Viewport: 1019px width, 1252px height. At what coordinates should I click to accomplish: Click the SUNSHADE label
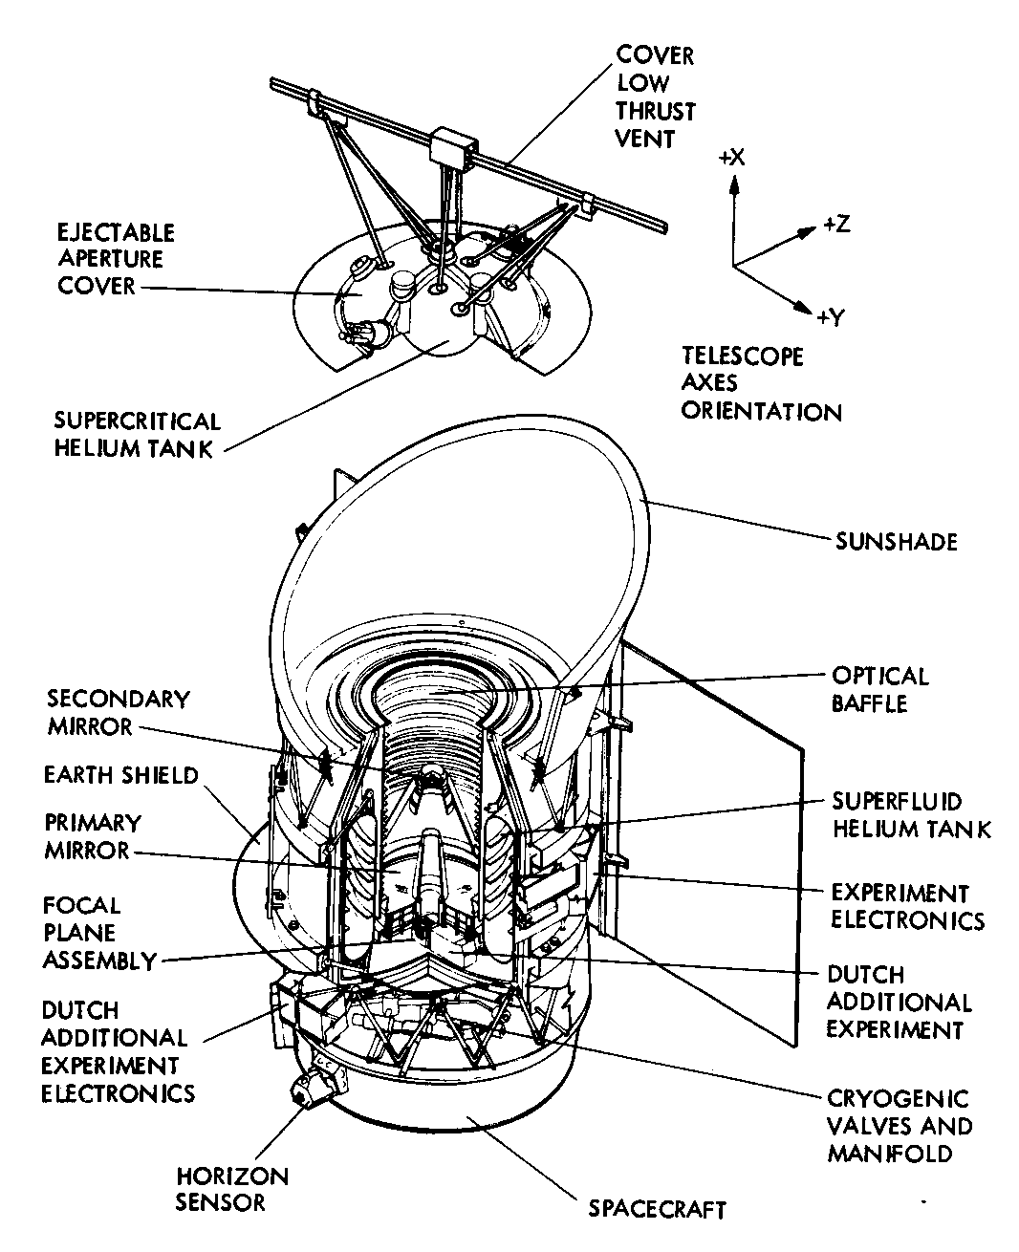click(x=896, y=542)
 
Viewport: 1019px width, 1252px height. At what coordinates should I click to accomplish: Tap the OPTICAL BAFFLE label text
click(x=879, y=690)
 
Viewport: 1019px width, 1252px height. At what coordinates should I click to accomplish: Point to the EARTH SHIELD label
click(x=120, y=774)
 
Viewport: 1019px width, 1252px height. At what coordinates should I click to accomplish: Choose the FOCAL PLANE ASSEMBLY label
click(x=98, y=933)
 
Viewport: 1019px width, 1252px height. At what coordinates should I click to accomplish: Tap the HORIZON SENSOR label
click(x=231, y=1189)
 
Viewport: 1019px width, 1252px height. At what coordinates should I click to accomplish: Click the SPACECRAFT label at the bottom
click(x=657, y=1209)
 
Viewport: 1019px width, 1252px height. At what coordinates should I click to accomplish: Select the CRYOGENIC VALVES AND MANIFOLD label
click(x=899, y=1126)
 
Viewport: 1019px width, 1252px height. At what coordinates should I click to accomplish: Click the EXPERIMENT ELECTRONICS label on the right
click(x=907, y=907)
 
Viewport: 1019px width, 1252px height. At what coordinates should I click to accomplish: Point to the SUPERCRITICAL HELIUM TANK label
click(x=136, y=435)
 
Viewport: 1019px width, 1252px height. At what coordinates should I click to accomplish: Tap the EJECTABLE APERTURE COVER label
click(x=117, y=259)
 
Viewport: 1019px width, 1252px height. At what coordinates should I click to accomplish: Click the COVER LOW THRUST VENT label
click(x=655, y=97)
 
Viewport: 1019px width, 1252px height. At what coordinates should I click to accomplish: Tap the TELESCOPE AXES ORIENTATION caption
click(x=761, y=384)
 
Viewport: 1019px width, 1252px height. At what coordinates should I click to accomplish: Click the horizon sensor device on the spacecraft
click(x=314, y=1089)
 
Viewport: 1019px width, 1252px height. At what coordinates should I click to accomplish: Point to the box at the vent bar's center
click(x=453, y=148)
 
